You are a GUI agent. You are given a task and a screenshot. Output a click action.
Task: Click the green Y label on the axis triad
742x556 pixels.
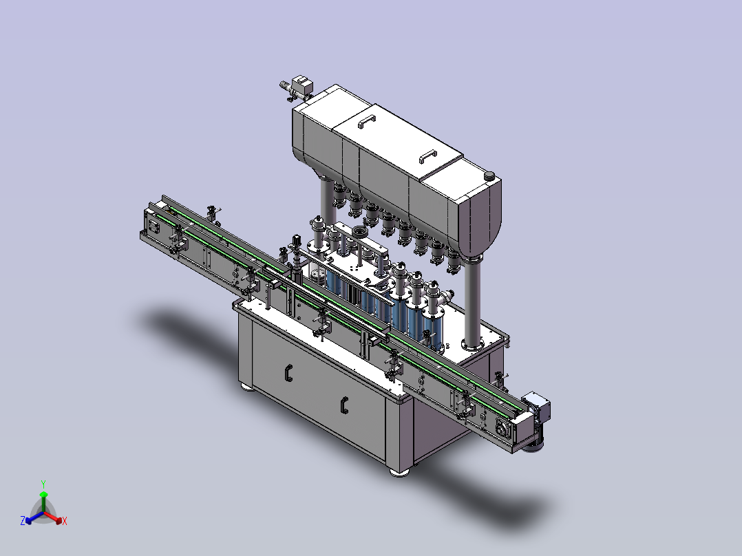point(43,484)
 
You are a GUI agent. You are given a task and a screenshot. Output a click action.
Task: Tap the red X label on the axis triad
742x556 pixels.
point(65,521)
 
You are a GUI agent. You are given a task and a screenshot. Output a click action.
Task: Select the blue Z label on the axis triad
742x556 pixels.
point(23,520)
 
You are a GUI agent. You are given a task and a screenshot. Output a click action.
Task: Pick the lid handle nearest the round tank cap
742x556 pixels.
point(428,156)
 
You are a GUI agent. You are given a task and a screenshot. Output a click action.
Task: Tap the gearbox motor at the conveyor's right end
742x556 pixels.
point(536,418)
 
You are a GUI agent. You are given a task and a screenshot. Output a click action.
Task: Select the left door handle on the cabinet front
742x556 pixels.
point(288,373)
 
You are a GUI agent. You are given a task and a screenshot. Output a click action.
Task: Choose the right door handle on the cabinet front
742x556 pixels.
point(344,405)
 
